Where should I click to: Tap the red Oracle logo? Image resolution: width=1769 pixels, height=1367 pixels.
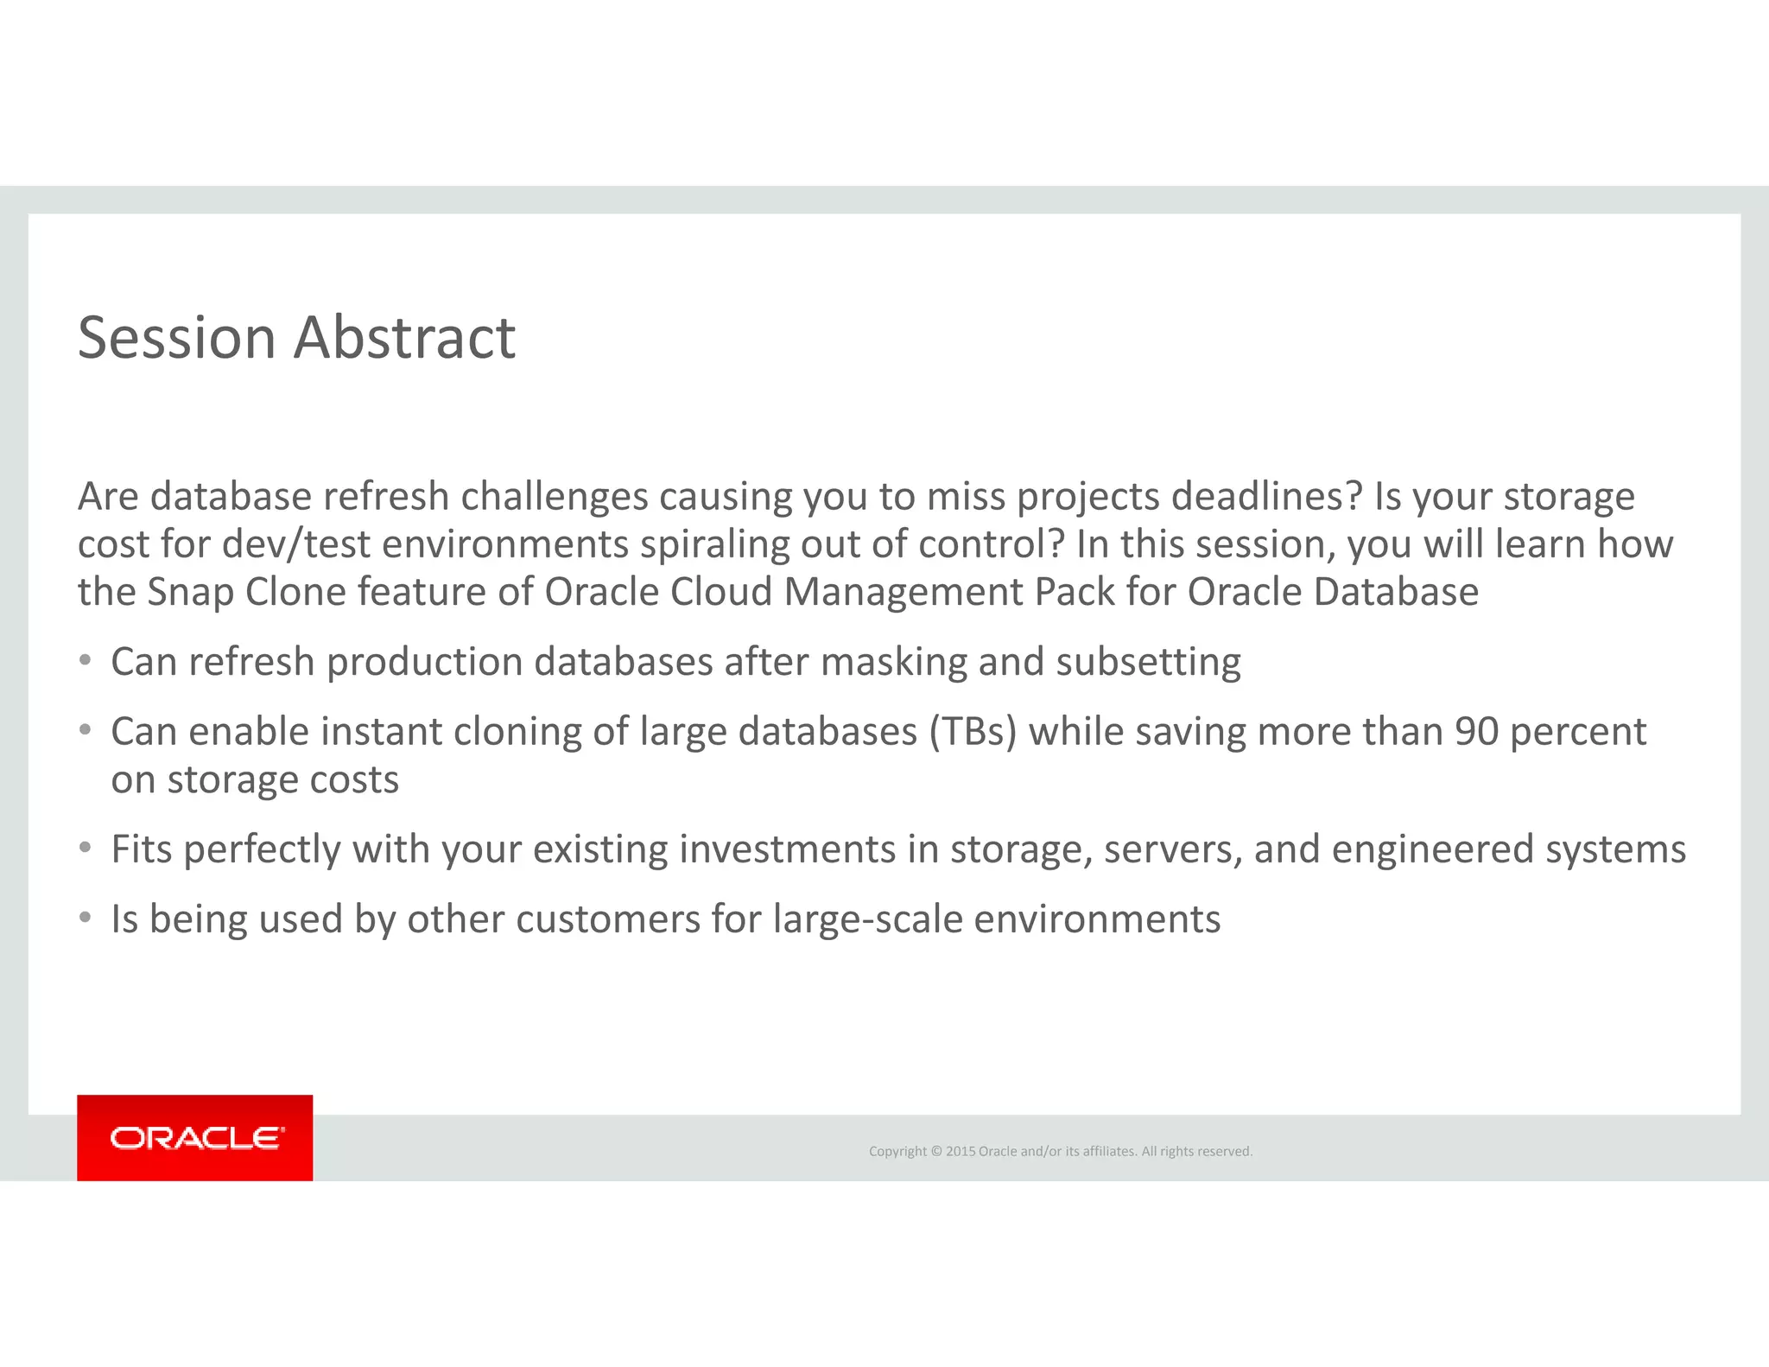coord(195,1137)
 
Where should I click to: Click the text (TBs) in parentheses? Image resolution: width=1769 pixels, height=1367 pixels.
coord(973,732)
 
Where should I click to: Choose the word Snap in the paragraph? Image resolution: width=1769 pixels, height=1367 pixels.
coord(191,593)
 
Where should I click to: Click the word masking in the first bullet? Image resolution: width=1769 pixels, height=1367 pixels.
coord(893,663)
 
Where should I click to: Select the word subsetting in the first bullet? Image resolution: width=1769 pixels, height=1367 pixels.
coord(1148,663)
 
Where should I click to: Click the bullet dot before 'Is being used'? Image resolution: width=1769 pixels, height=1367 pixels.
coord(85,918)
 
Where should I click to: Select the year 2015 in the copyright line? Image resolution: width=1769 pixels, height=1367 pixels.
coord(960,1151)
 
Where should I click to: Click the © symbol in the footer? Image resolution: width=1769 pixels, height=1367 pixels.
coord(935,1151)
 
